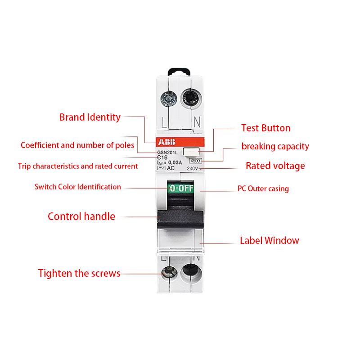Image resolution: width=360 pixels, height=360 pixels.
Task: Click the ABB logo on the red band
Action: [x=166, y=142]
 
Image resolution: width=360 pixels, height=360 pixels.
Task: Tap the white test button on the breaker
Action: [x=191, y=152]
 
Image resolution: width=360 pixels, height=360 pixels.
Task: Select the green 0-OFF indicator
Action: [x=181, y=188]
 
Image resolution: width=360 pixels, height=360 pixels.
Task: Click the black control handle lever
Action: [x=180, y=219]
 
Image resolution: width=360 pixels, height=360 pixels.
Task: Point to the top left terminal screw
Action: [x=169, y=99]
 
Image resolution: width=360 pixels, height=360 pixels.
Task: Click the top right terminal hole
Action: [x=191, y=99]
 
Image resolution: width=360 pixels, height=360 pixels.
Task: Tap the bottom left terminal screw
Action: [x=169, y=272]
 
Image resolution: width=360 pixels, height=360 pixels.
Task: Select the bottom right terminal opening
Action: [x=190, y=272]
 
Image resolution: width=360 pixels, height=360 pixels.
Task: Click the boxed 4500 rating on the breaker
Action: [x=195, y=161]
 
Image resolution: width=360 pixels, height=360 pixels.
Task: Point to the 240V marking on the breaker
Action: [x=193, y=168]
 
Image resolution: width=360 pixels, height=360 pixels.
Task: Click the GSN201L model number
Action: [x=167, y=153]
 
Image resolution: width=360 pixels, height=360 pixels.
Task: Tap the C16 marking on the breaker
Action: [x=162, y=157]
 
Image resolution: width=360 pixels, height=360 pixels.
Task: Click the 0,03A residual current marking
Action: [x=175, y=162]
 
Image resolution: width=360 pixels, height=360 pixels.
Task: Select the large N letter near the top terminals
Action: [x=197, y=122]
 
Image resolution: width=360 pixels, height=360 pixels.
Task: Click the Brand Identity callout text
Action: [x=90, y=117]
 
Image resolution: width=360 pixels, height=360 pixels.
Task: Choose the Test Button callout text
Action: [x=265, y=128]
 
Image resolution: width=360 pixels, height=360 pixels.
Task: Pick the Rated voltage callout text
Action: [x=275, y=166]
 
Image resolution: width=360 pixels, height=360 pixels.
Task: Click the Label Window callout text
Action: [x=270, y=241]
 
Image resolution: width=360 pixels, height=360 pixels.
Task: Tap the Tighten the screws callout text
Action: [x=79, y=274]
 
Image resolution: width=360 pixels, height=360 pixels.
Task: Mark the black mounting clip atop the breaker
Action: [x=179, y=72]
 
